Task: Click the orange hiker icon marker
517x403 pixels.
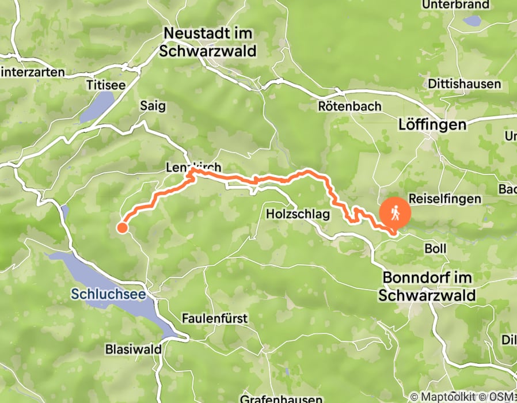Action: pyautogui.click(x=396, y=214)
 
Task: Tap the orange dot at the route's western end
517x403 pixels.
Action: pyautogui.click(x=122, y=227)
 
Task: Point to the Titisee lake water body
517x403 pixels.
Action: pyautogui.click(x=98, y=107)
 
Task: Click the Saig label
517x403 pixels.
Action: pyautogui.click(x=153, y=106)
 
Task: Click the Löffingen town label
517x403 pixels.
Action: pyautogui.click(x=432, y=124)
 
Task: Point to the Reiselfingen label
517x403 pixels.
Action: pyautogui.click(x=444, y=199)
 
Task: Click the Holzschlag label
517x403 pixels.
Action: pyautogui.click(x=298, y=214)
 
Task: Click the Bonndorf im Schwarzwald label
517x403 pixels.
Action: pyautogui.click(x=427, y=287)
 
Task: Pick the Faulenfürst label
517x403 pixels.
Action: pyautogui.click(x=215, y=318)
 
